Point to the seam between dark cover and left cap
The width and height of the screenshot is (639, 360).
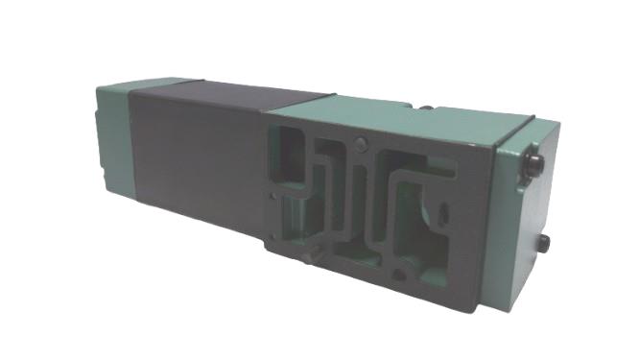[x=133, y=144]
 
